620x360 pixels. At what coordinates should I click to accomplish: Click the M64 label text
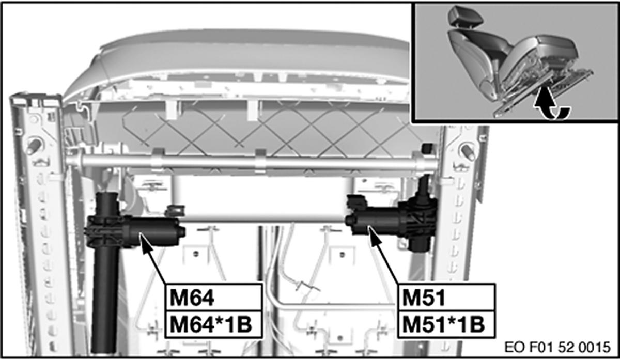[189, 299]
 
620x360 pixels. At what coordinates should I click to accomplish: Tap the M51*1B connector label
[443, 324]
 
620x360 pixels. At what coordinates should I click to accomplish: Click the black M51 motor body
[380, 220]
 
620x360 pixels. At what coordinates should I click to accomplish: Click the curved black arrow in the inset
[552, 107]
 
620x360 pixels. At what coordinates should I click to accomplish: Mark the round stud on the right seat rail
[469, 151]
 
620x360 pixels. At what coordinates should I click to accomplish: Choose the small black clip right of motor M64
[175, 211]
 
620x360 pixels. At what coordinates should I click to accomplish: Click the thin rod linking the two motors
[263, 222]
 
